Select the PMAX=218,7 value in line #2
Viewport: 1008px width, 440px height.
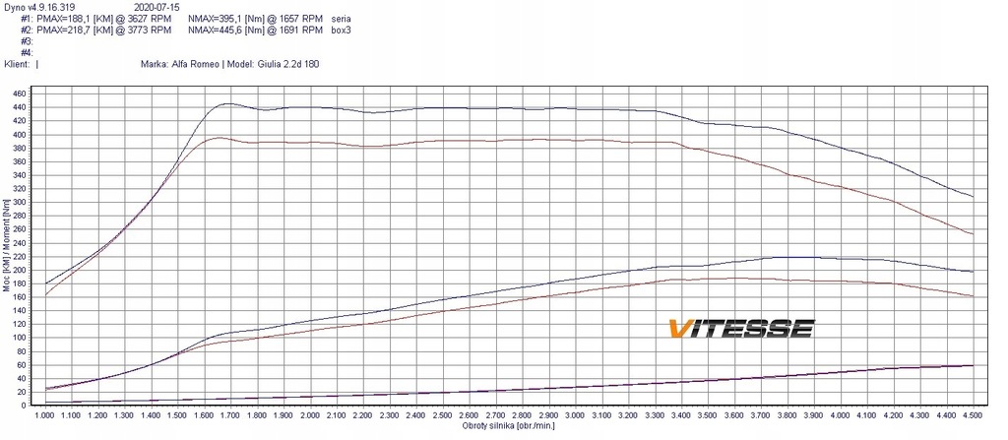70,31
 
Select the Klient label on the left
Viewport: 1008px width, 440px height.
17,63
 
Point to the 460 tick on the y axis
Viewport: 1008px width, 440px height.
19,94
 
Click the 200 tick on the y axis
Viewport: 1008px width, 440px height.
19,270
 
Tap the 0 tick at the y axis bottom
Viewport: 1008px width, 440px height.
25,406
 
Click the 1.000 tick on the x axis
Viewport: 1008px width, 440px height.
45,416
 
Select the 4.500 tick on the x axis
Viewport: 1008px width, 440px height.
973,416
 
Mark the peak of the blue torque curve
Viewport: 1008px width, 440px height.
227,103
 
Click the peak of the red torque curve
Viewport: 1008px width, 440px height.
218,137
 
